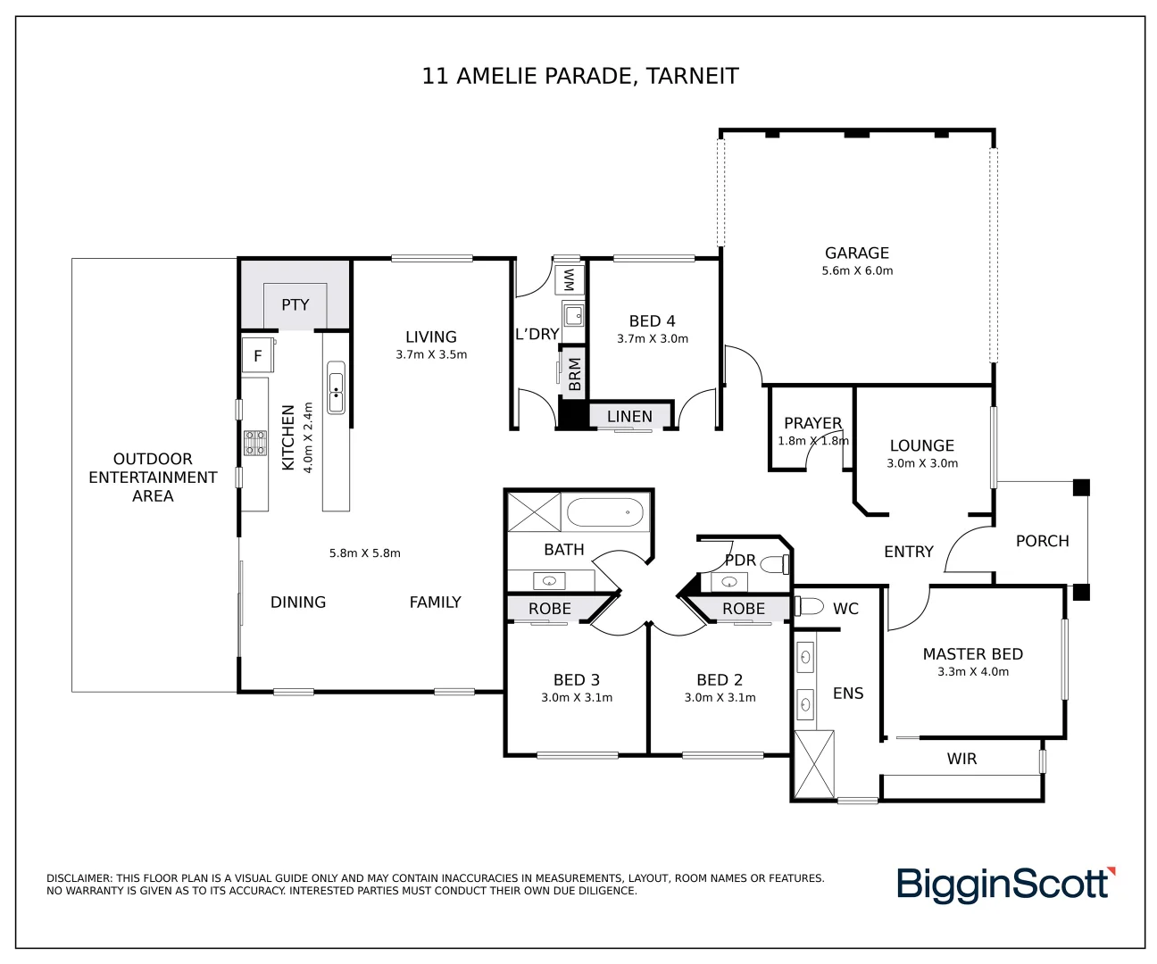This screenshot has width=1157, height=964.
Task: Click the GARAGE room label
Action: (x=857, y=253)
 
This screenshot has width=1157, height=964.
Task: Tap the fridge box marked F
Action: (x=258, y=355)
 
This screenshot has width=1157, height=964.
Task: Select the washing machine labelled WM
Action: (x=569, y=279)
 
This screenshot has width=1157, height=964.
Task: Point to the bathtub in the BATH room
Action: (x=605, y=512)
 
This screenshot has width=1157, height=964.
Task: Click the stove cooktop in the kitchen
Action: (x=255, y=444)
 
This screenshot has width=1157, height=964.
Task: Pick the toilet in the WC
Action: (x=809, y=606)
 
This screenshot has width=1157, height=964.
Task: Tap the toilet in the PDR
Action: (x=775, y=564)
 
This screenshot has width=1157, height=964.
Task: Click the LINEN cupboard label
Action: (x=629, y=416)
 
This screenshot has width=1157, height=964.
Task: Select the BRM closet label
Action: (x=575, y=375)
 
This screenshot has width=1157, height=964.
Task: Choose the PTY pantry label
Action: (x=295, y=304)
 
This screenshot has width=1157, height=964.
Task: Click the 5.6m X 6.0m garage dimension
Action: (x=857, y=271)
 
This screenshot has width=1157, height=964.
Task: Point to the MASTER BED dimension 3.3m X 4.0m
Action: (x=972, y=672)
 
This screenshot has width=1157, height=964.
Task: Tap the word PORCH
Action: (x=1042, y=541)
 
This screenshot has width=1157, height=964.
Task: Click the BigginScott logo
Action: (x=1006, y=885)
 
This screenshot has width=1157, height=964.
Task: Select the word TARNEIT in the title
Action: (x=692, y=76)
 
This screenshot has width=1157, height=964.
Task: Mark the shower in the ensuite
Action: (x=814, y=764)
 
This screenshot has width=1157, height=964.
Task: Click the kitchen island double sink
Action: (x=336, y=387)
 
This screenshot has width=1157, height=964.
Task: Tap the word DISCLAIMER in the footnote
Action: (x=79, y=878)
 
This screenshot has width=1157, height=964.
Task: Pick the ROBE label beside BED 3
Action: (x=549, y=609)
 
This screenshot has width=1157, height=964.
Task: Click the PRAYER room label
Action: (x=812, y=423)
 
